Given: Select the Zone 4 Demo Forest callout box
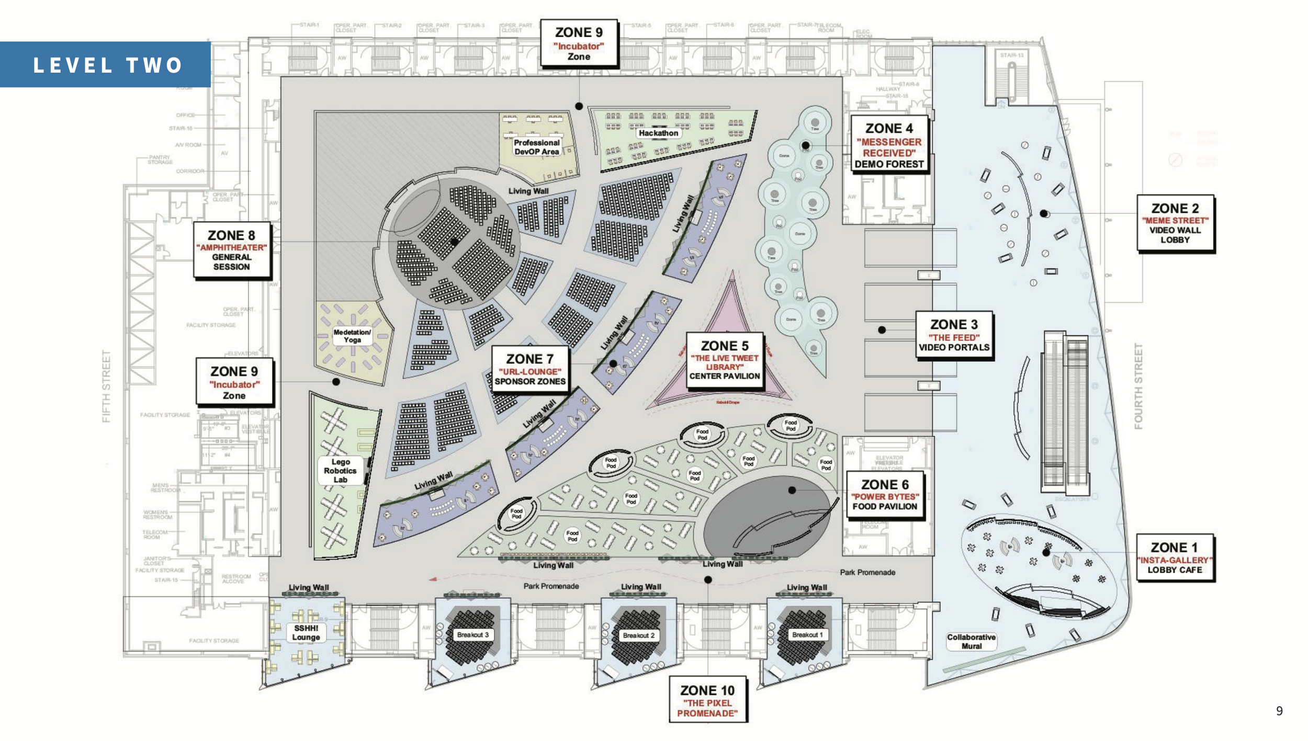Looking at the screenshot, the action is click(x=889, y=145).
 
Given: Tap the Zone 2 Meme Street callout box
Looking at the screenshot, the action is click(x=1175, y=223).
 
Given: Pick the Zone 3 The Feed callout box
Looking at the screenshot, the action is click(x=954, y=335).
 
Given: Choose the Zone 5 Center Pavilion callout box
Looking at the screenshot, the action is click(x=724, y=360).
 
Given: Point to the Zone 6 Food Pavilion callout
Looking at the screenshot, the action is click(x=885, y=495).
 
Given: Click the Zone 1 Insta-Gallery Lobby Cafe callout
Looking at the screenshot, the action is click(x=1175, y=557).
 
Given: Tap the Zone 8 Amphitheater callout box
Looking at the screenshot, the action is click(x=232, y=250).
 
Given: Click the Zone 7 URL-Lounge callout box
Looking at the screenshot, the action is click(x=529, y=369).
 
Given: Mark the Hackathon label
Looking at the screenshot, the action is click(x=658, y=133).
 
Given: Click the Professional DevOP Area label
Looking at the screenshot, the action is click(x=537, y=147).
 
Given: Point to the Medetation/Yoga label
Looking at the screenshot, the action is click(x=352, y=336).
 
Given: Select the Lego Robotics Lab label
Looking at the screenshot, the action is click(x=341, y=471).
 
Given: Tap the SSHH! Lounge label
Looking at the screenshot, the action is click(x=306, y=633).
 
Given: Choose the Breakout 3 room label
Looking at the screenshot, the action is click(x=472, y=635).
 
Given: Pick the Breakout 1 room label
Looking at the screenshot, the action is click(x=807, y=635).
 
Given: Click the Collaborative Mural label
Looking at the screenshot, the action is click(x=971, y=642).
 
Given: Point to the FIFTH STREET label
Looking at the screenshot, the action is click(x=106, y=386).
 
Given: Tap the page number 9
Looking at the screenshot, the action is click(x=1279, y=711).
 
